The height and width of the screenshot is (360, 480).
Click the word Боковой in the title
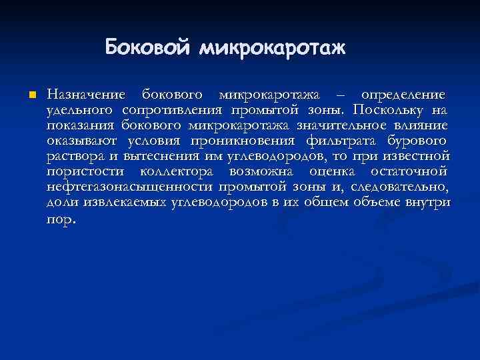(x=147, y=48)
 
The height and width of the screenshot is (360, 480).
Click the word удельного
(x=79, y=109)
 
